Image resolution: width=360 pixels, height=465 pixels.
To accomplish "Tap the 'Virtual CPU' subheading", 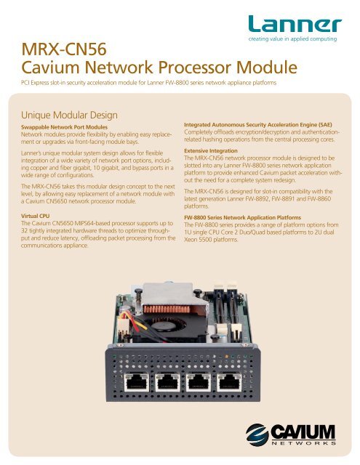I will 39,217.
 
